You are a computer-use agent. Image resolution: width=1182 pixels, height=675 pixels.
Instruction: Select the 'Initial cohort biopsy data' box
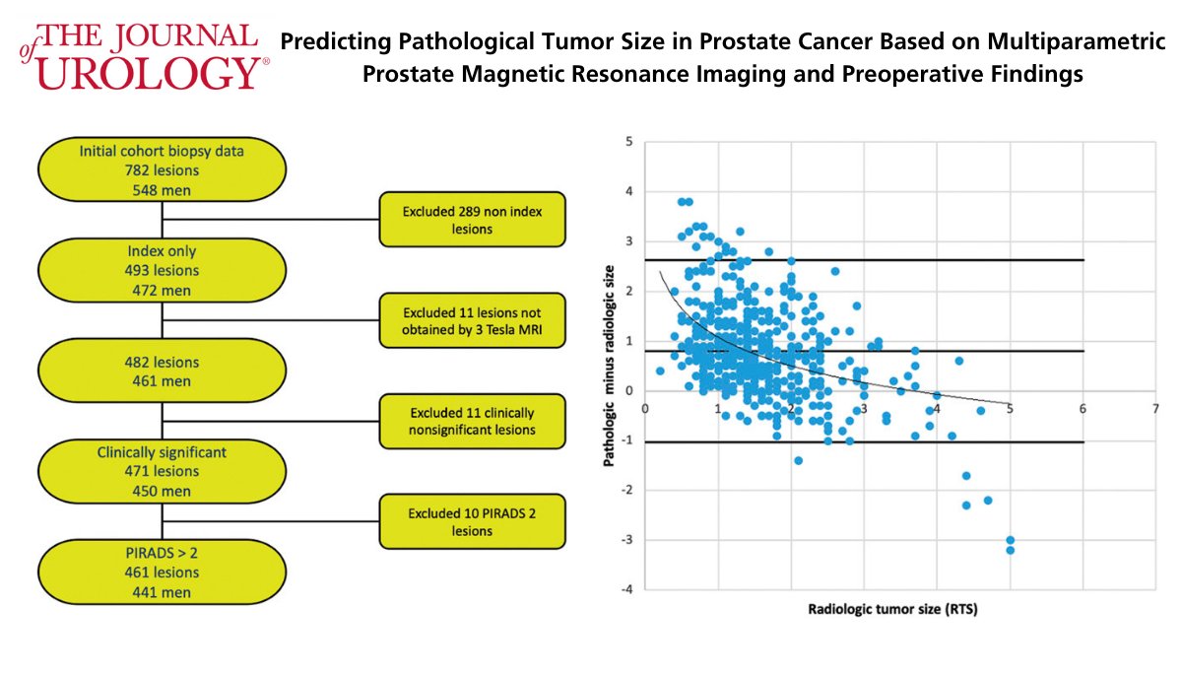point(163,169)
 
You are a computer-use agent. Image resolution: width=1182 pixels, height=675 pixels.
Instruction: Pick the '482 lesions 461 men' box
point(163,371)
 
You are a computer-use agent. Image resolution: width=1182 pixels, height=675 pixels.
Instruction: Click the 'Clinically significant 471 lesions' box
point(163,472)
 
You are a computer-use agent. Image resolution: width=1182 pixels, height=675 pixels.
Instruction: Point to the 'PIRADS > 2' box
point(163,573)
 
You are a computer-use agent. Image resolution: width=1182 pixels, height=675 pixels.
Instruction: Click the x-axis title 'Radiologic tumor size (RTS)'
point(892,609)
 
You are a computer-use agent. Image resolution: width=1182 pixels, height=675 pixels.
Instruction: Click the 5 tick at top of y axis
point(627,141)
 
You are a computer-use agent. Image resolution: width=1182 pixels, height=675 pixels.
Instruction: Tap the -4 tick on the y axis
point(624,589)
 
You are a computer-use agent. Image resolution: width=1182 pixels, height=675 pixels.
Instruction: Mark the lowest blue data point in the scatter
point(1010,550)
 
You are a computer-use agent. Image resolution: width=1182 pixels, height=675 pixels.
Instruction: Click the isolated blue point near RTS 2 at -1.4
point(798,460)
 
